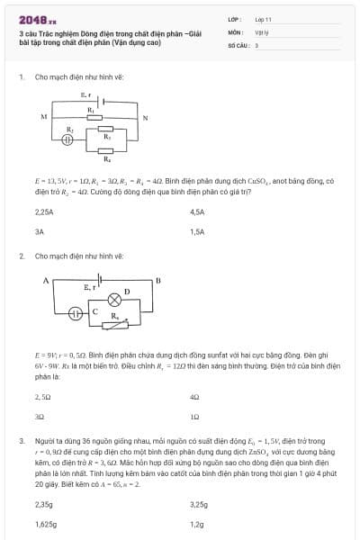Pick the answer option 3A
40,231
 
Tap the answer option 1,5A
199,231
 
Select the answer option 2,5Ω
42,396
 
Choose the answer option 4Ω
195,396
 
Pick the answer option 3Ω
40,416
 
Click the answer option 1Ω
195,416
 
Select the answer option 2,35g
44,504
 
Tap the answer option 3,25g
200,504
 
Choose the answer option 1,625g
46,523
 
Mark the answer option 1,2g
197,523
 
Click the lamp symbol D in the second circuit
114,300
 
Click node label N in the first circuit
145,117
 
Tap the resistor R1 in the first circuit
91,115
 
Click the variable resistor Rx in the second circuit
114,321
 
